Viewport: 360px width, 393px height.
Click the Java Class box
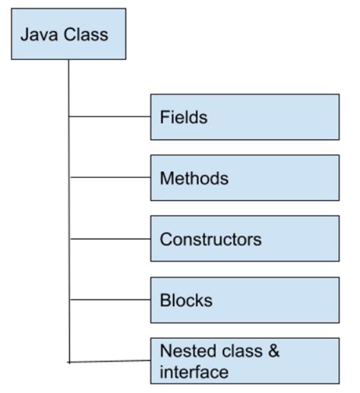(68, 34)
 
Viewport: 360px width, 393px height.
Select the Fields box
(245, 117)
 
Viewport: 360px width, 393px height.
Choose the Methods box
(245, 178)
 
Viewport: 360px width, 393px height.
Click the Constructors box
(245, 239)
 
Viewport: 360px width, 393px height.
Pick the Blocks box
(245, 300)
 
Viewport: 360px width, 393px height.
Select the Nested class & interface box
(245, 361)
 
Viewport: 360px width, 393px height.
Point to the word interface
(194, 372)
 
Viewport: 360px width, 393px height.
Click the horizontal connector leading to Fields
(110, 117)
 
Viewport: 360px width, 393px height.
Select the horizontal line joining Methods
(110, 178)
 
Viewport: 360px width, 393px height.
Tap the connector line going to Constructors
(110, 239)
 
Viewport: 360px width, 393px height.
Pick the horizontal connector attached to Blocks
(110, 300)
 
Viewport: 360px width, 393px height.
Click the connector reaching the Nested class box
(110, 361)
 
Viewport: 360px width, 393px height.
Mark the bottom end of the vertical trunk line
(69, 361)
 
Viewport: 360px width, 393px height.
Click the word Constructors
(210, 239)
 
